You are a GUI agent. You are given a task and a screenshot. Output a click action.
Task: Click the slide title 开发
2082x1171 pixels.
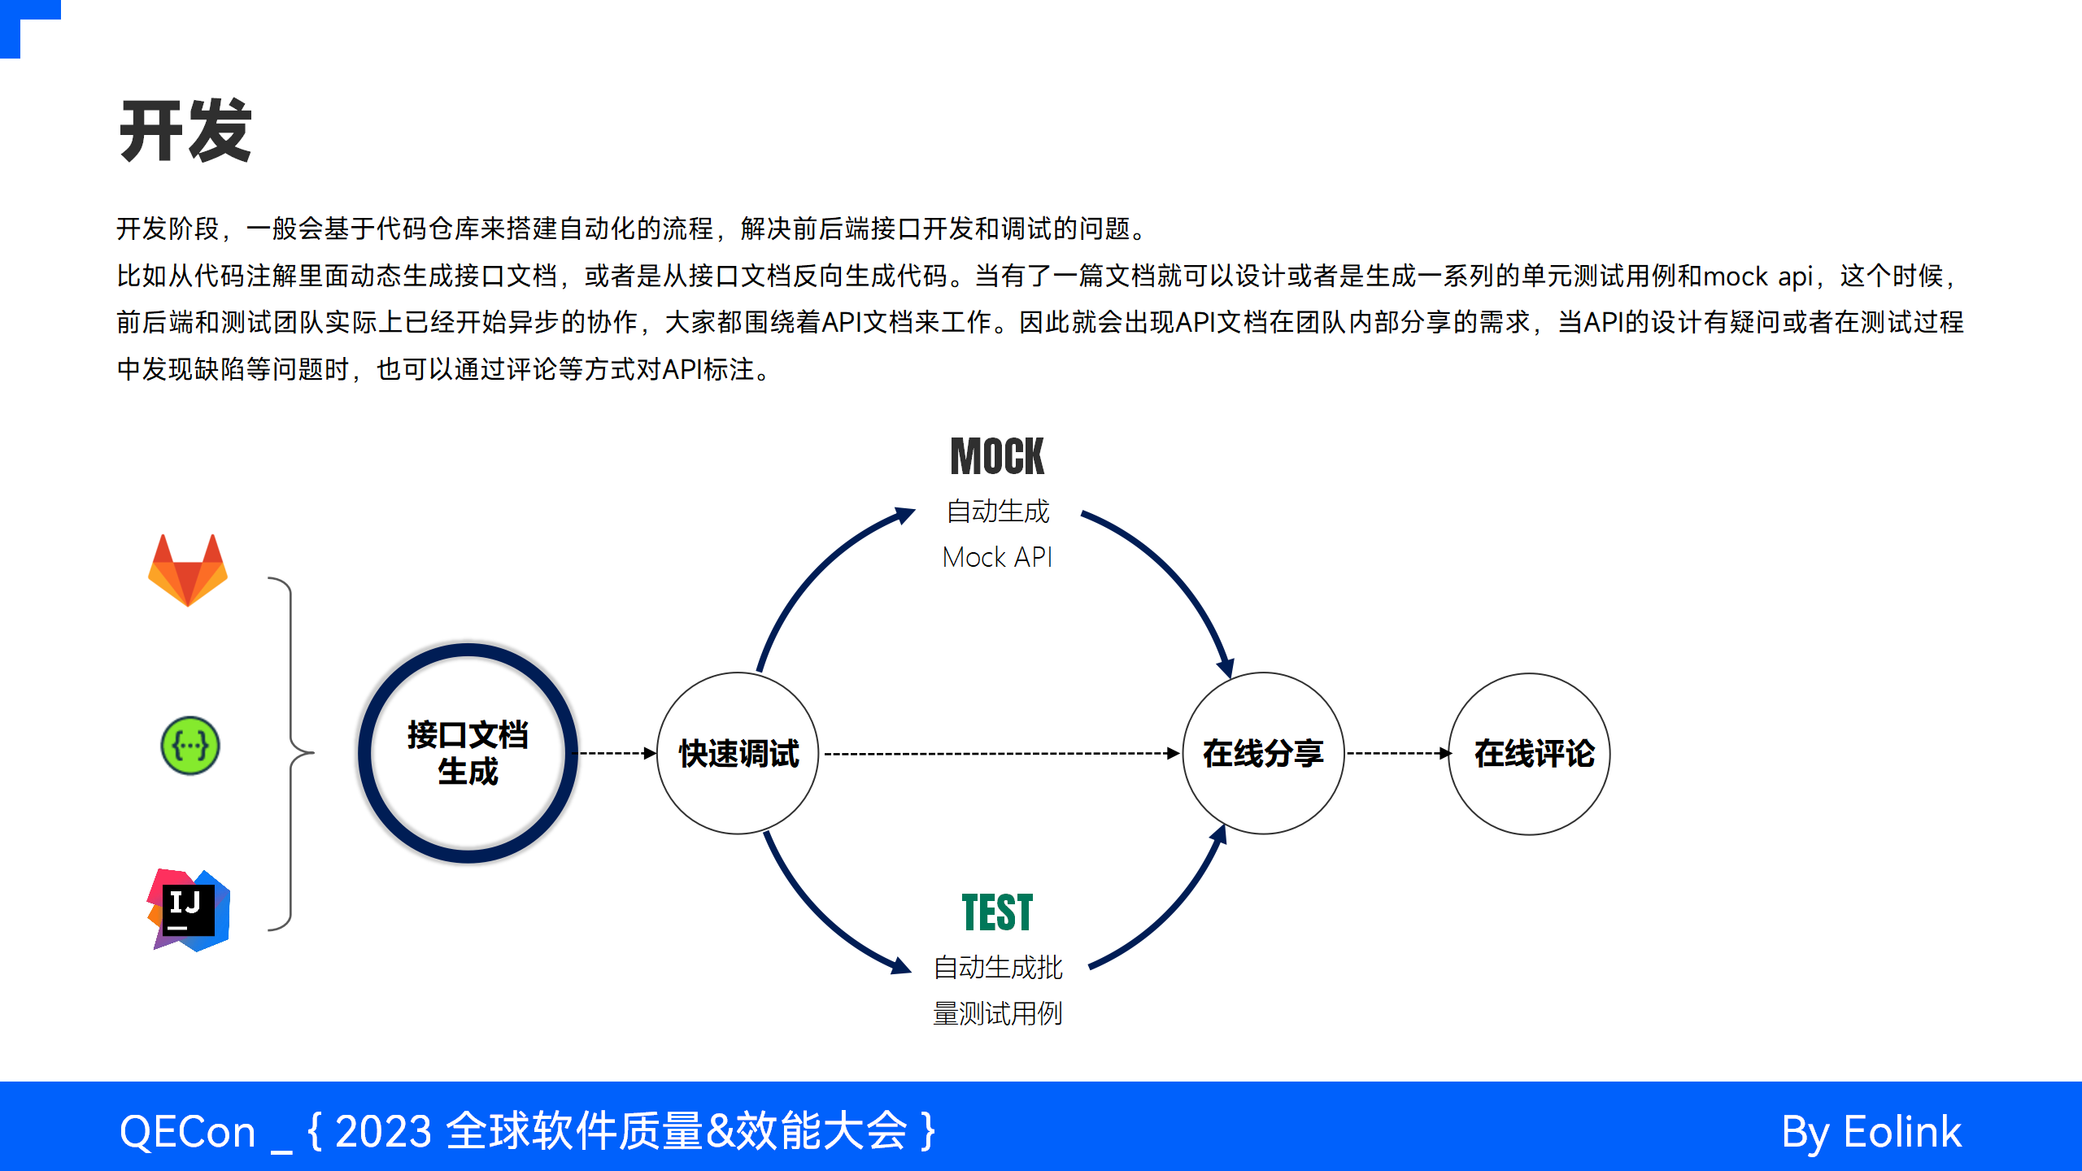pos(185,132)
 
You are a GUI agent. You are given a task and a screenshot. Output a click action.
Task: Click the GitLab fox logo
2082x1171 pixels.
pos(188,571)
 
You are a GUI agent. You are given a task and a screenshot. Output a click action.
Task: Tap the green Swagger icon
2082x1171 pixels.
pos(189,746)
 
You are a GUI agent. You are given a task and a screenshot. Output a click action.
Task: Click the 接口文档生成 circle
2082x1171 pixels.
pos(468,753)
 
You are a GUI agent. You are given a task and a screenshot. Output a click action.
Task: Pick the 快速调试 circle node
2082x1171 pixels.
pos(738,753)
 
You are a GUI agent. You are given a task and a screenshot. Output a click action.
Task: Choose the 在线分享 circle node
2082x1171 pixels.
pos(1263,753)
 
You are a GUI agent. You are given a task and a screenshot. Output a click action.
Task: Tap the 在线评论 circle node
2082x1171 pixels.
pos(1529,753)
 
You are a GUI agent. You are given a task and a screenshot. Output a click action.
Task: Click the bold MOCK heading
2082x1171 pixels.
pos(997,457)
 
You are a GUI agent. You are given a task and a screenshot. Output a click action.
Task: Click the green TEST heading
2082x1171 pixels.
pos(997,912)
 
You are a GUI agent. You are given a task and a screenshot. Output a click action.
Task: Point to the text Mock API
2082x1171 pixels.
pos(997,558)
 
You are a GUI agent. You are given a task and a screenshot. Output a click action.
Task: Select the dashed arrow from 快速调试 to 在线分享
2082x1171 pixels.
pos(1000,754)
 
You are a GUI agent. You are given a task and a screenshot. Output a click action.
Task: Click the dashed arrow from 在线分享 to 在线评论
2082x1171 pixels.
pos(1397,754)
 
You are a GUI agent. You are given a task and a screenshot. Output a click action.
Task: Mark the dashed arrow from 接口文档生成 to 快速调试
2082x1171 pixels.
pos(616,754)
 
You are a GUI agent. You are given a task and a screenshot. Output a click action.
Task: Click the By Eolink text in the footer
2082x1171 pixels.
pos(1871,1132)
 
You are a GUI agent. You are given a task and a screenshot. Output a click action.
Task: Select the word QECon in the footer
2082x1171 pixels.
pos(187,1132)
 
